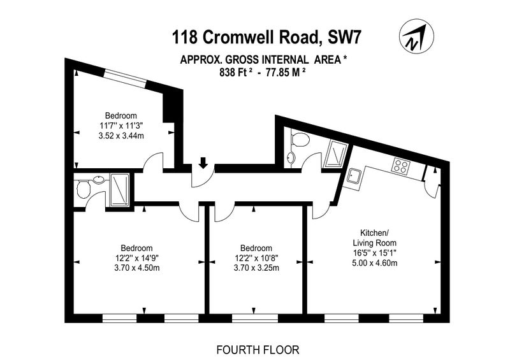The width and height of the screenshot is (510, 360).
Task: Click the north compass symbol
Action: pos(416,36)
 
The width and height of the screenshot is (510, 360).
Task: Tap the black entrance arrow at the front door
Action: pos(203,162)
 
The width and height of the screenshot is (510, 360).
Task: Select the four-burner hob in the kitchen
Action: pos(401,166)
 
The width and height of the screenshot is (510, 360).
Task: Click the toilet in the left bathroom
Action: pos(83,189)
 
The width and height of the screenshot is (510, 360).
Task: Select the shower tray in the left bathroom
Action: pos(120,190)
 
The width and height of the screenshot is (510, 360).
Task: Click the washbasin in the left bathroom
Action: pos(99,179)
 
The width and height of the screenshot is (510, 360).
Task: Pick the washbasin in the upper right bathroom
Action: pos(291,158)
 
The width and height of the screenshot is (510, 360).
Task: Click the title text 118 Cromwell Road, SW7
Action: pos(266,38)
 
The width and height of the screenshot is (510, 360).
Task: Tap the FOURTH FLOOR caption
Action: pos(258,350)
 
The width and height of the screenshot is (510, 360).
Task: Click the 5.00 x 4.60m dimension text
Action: pos(375,263)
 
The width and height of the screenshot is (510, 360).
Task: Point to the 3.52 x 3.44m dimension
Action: pos(121,136)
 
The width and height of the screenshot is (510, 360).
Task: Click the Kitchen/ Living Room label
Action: pos(375,238)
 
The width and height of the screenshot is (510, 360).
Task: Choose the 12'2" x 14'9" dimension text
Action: pos(136,258)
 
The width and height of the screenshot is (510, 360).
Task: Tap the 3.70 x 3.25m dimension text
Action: pos(256,268)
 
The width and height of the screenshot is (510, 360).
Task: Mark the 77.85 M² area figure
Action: pos(286,72)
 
